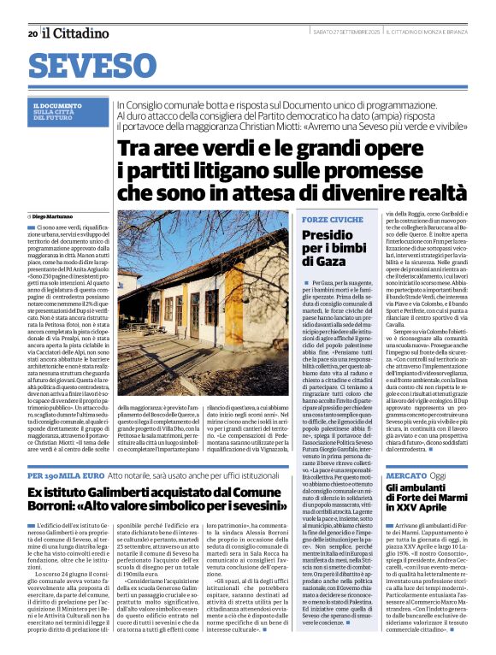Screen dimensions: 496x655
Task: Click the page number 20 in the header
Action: [32, 34]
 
